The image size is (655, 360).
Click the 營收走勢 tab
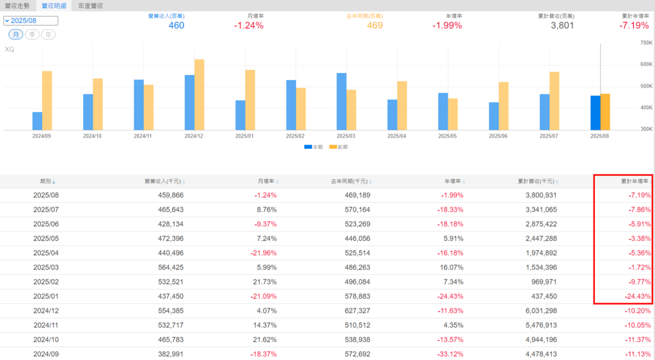tap(17, 6)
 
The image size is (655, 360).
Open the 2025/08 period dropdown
tap(31, 20)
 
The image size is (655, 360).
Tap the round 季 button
tap(32, 35)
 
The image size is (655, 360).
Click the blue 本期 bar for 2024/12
tap(189, 102)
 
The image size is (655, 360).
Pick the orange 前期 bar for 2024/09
tap(47, 100)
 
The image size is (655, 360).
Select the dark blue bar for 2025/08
tap(596, 113)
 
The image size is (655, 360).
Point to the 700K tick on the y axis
tap(645, 43)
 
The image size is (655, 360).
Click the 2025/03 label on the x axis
tap(345, 136)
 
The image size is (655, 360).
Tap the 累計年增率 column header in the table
tap(635, 182)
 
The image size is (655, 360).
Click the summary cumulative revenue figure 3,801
tap(562, 26)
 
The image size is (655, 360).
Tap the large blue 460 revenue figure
tap(177, 26)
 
